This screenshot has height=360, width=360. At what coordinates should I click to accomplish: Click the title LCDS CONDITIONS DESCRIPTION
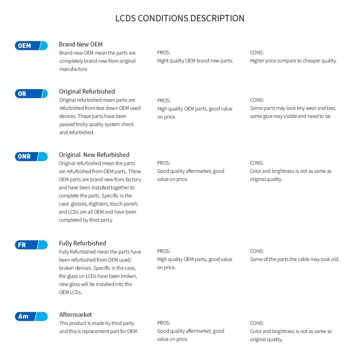point(180,18)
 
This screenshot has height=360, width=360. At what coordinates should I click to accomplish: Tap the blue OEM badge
point(31,45)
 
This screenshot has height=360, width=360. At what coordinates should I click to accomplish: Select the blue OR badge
point(31,94)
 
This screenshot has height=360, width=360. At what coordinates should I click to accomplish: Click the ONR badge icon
point(31,157)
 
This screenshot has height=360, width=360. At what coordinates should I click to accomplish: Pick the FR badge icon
point(31,245)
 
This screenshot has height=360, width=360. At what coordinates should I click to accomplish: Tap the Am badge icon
point(31,316)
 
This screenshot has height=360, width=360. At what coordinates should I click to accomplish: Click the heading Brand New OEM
point(81,45)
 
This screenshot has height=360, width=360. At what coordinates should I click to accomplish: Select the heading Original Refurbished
point(87,91)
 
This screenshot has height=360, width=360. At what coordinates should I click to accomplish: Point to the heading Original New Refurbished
point(94,155)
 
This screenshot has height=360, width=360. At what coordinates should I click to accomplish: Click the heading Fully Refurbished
point(82,243)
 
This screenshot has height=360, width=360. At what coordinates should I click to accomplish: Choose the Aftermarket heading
point(76,315)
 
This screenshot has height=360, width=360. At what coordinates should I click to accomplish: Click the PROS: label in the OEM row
point(163,53)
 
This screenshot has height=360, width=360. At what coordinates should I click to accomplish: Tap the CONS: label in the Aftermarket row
point(256,323)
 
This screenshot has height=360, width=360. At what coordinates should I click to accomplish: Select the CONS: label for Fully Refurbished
point(256,251)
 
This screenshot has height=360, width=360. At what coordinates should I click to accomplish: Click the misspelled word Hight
point(164,61)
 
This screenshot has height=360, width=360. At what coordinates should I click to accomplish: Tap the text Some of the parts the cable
point(280,259)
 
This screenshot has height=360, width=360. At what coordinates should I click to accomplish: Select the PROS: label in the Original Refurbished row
point(164,100)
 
